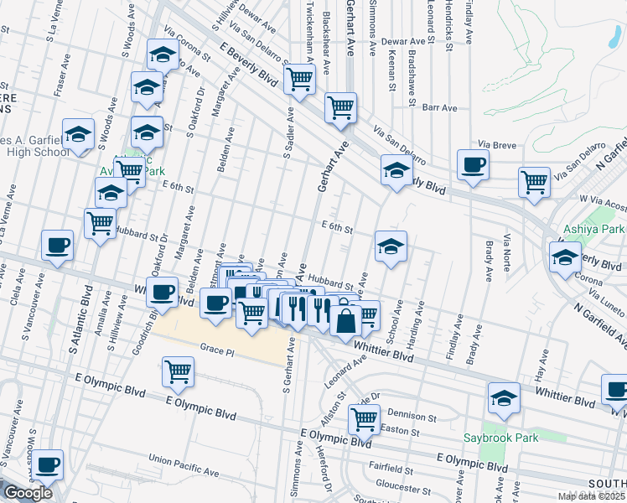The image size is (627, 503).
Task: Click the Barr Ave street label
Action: coord(439,108)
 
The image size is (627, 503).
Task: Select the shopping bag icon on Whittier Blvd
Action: coord(345,319)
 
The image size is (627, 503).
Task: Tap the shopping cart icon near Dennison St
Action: coord(364,417)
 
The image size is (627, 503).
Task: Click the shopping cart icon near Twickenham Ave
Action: coord(299,79)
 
